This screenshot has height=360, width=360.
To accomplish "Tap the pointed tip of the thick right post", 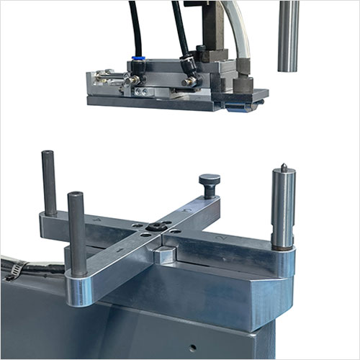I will coord(283,168).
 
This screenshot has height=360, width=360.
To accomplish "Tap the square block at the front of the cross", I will coord(164,254).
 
